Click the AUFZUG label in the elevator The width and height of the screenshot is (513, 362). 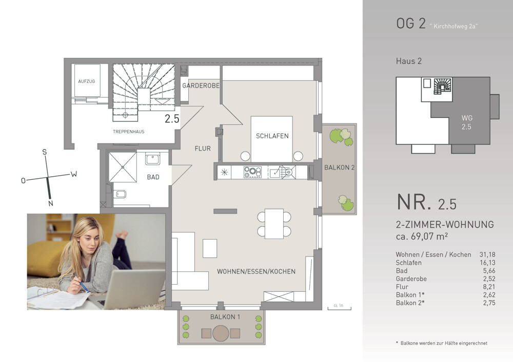(86, 81)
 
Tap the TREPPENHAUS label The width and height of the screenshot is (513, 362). (129, 132)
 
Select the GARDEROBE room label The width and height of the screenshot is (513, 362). (201, 86)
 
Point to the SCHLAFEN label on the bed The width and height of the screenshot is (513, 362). (272, 136)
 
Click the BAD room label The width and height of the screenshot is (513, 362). (153, 177)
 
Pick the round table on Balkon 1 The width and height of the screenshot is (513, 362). (221, 333)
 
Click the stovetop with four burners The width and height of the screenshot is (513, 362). (252, 172)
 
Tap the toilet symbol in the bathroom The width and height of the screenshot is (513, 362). (120, 194)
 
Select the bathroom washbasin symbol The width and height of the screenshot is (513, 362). (152, 159)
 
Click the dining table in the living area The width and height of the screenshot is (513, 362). (274, 224)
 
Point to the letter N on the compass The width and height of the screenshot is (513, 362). (51, 203)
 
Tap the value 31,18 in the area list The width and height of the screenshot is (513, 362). (487, 254)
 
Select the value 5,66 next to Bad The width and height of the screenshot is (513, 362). (489, 270)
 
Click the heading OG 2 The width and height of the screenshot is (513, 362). (410, 23)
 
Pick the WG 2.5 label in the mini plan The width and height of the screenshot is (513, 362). (466, 122)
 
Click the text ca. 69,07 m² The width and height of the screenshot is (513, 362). (422, 236)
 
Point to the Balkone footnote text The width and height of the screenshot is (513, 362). (442, 343)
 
